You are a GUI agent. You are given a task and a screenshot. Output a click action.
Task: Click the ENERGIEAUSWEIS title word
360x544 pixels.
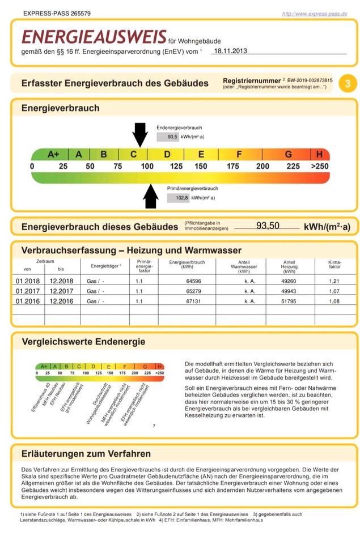coord(94,37)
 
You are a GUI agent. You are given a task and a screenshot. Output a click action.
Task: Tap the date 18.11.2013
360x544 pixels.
coord(228,50)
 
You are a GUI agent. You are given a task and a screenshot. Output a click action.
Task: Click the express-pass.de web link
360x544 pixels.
coord(314,13)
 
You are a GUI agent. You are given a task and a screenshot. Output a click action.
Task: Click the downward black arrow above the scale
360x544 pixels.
coord(139,134)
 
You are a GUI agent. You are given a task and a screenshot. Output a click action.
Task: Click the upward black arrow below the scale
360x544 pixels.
coord(151,196)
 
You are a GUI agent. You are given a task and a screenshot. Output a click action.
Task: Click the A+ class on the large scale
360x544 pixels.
coord(53,154)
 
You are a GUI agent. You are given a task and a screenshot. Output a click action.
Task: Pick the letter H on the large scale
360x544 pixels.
coord(320,154)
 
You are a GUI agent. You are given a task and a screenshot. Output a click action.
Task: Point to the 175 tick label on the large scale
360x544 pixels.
coord(232,167)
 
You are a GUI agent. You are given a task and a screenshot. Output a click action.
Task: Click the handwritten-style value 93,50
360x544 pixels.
coord(268,226)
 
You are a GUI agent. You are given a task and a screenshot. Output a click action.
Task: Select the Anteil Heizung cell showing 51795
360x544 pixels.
coord(289,301)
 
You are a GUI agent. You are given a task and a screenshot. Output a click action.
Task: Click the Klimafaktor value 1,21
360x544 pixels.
coord(334,281)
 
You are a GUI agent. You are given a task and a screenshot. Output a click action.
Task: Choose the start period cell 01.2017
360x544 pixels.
coord(27,291)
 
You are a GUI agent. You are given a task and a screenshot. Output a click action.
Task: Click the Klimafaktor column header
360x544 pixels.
coord(334,264)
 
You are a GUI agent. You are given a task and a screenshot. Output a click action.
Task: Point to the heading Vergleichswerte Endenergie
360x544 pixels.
coord(83,342)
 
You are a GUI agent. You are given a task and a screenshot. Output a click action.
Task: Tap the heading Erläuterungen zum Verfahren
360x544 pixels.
coord(86,453)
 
